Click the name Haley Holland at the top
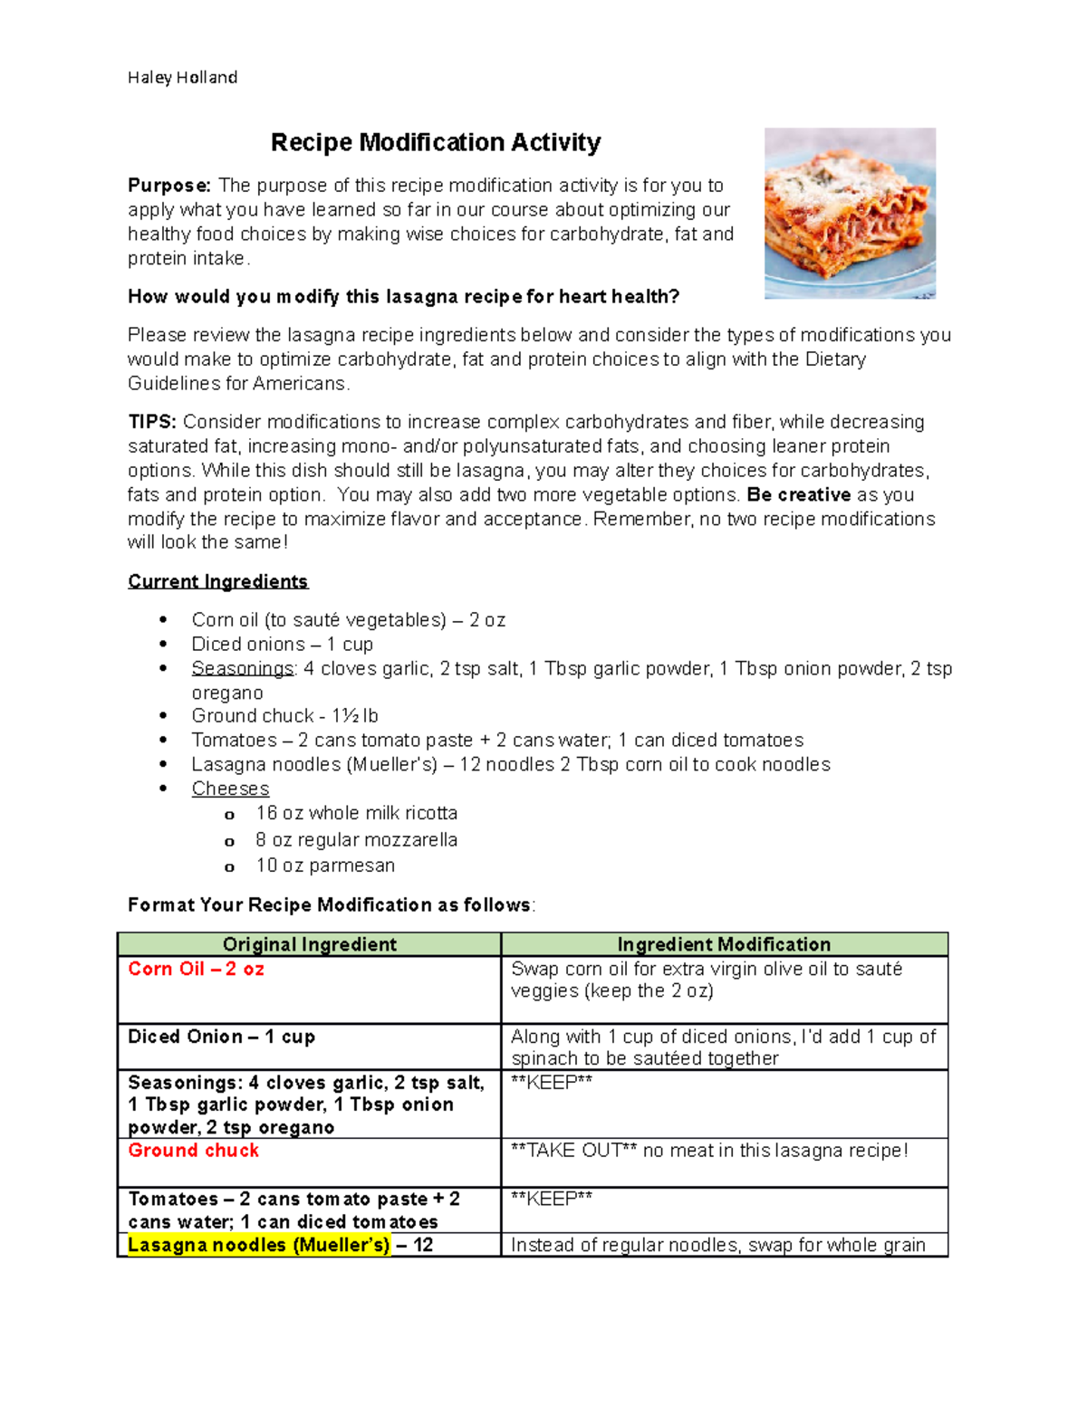182,78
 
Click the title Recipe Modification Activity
436,143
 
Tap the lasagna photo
849,213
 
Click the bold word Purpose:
169,186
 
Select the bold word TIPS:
152,422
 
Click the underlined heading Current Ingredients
217,581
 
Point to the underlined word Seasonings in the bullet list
243,669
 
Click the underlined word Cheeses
230,789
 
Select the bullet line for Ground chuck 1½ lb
284,715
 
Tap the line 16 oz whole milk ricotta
356,813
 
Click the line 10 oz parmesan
325,866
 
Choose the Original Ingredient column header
309,944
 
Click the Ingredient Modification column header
724,944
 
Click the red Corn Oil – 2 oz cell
196,969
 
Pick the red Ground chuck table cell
193,1151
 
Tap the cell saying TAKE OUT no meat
708,1151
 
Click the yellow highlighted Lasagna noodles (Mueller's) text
258,1245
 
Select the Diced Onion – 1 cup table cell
221,1037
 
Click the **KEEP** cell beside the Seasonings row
552,1083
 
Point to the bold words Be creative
798,495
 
